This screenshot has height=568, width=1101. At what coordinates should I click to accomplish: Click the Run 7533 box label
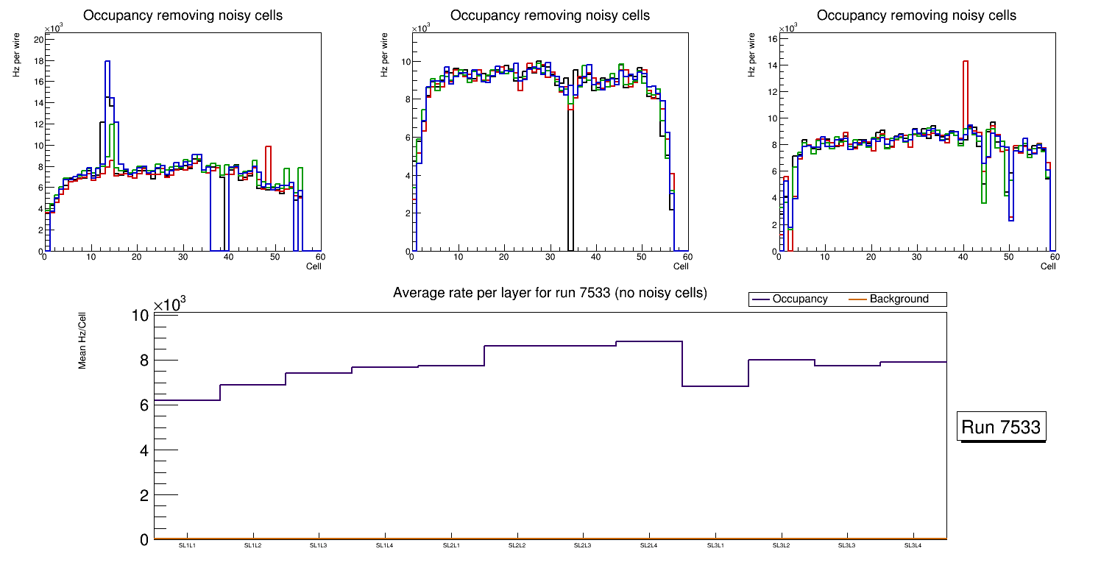pyautogui.click(x=1002, y=427)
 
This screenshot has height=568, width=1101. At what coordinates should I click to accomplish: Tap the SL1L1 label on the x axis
pyautogui.click(x=187, y=545)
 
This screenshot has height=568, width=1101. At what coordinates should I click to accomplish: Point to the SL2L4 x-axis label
pyautogui.click(x=649, y=545)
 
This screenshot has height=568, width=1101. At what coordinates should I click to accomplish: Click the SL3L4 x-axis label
pyautogui.click(x=913, y=545)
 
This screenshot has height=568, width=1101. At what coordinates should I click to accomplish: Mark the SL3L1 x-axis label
pyautogui.click(x=715, y=545)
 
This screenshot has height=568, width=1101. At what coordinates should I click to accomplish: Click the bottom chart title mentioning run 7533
pyautogui.click(x=550, y=293)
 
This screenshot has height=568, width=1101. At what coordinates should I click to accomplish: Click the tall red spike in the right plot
pyautogui.click(x=966, y=62)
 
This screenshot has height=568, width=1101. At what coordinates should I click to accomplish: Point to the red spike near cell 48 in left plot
pyautogui.click(x=269, y=147)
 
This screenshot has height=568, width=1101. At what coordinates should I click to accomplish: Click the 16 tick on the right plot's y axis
pyautogui.click(x=773, y=38)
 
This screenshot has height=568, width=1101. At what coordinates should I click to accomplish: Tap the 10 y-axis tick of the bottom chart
pyautogui.click(x=141, y=316)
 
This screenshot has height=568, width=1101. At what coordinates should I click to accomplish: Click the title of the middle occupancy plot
pyautogui.click(x=550, y=15)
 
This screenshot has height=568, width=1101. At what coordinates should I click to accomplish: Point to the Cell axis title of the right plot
pyautogui.click(x=1048, y=266)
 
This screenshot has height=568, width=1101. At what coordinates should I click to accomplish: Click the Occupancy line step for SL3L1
pyautogui.click(x=715, y=386)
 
